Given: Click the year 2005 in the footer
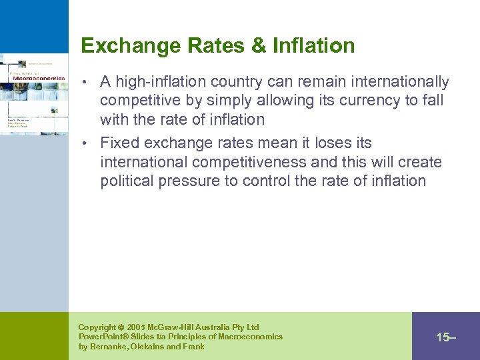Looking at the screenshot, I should (x=137, y=327).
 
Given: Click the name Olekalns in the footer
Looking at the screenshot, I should (x=151, y=347).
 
